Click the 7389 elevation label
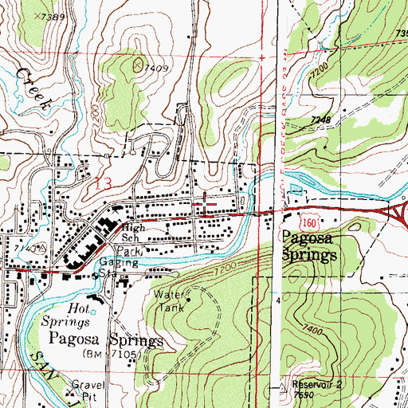tap(53, 17)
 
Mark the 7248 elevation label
tap(321, 120)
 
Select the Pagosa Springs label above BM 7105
tap(106, 339)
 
